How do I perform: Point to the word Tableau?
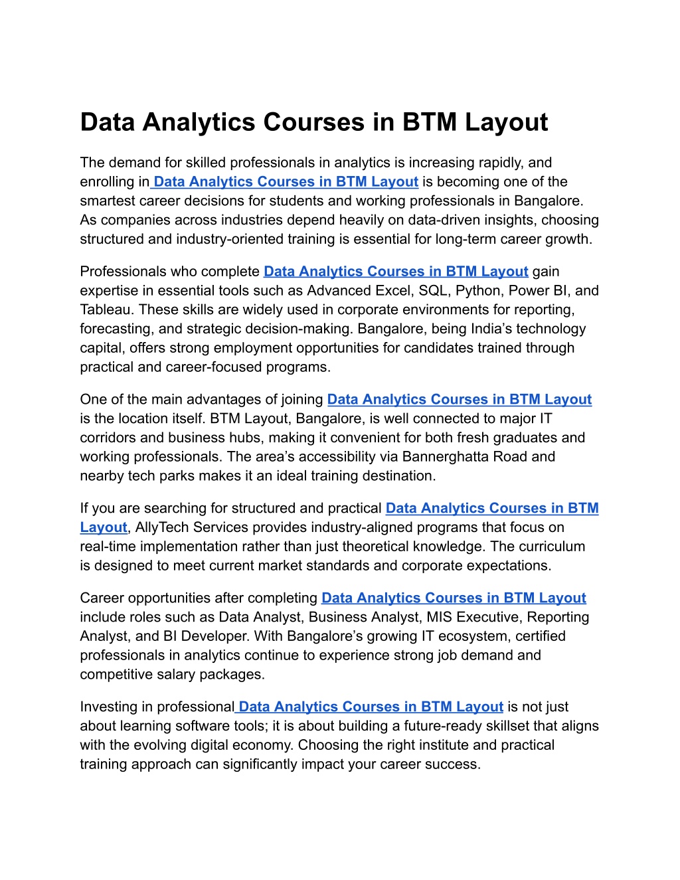(106, 309)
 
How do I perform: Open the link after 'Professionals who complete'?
(396, 272)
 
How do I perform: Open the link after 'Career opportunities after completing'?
(454, 598)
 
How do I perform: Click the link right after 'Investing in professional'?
(371, 707)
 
